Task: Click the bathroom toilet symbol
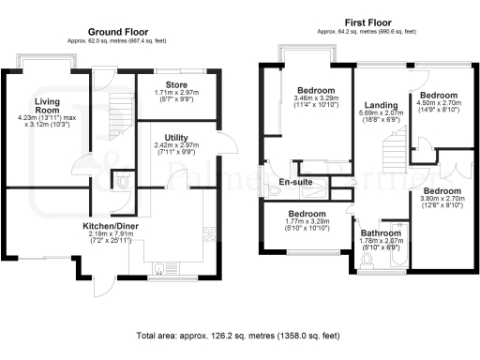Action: coord(373,260)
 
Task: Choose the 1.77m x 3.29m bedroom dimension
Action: coord(307,226)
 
